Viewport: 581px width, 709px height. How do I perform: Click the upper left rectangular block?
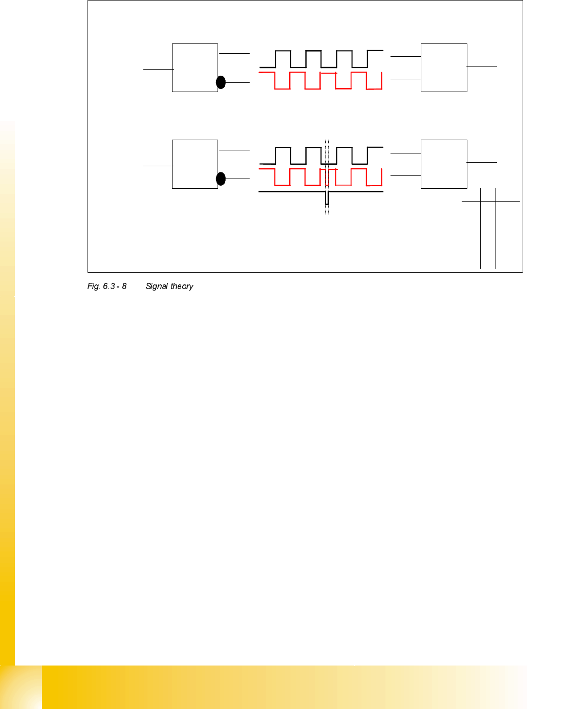[x=195, y=68]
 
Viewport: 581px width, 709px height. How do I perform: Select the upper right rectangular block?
[x=444, y=68]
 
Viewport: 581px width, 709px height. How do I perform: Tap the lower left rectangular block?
[x=195, y=164]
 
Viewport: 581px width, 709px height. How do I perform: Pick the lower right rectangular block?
[x=444, y=164]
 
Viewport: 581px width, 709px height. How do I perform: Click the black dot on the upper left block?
[x=221, y=82]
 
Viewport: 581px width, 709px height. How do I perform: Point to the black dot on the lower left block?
[x=221, y=179]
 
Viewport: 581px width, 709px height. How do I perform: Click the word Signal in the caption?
[x=157, y=286]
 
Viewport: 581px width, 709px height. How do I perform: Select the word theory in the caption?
[x=182, y=286]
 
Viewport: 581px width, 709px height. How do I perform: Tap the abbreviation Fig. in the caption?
[x=94, y=286]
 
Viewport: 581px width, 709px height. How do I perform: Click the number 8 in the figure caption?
[x=124, y=286]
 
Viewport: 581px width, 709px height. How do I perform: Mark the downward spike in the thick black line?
[x=327, y=198]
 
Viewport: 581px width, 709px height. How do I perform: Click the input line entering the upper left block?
[x=158, y=69]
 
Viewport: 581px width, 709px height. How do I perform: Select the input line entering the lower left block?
[x=158, y=166]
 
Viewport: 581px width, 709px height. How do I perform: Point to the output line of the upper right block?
[x=482, y=66]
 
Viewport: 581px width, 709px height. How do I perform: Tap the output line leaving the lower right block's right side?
[x=482, y=162]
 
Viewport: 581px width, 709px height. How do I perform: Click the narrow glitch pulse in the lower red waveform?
[x=327, y=176]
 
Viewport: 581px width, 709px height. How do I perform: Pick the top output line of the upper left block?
[x=234, y=53]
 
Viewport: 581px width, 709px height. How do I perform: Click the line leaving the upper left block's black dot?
[x=238, y=82]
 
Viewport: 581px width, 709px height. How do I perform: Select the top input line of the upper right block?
[x=405, y=56]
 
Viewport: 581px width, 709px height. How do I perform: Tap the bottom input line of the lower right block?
[x=405, y=175]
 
